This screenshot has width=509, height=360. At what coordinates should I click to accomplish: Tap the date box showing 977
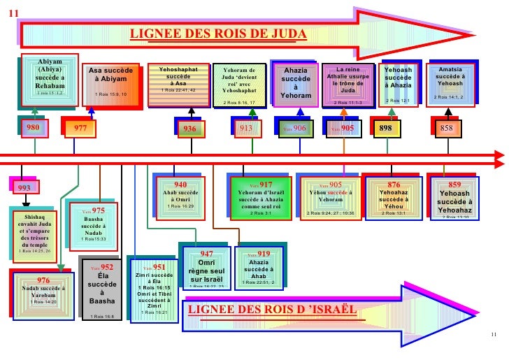click(80, 129)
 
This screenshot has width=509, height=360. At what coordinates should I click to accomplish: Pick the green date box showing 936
click(189, 129)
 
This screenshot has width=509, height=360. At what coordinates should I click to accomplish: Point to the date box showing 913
click(245, 128)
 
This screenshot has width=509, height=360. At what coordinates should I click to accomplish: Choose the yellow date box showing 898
click(385, 129)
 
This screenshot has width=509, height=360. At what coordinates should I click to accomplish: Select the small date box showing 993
click(24, 187)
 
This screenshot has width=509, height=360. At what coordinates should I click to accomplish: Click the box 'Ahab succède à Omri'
click(180, 196)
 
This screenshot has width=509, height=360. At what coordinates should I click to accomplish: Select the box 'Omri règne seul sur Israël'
click(207, 268)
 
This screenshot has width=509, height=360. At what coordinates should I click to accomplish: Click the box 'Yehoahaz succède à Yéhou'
click(399, 199)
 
